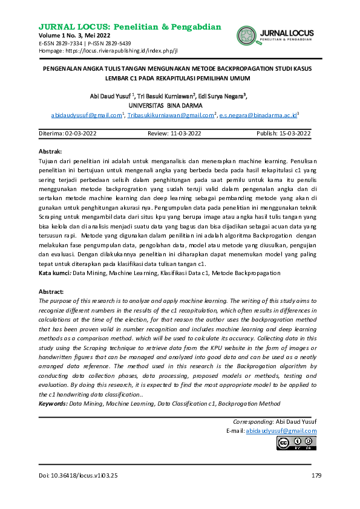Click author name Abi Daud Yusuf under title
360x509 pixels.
[106, 96]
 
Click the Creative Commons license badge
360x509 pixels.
[296, 444]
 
